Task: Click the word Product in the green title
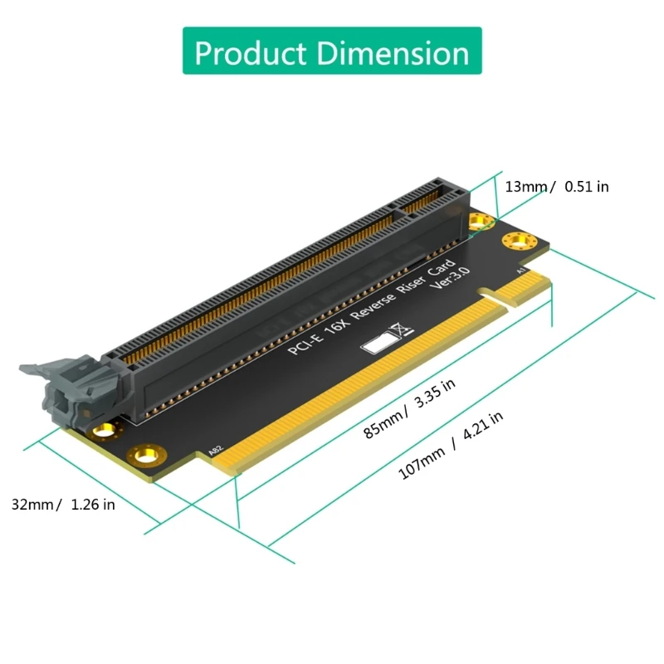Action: coord(250,52)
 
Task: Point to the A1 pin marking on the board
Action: coord(520,271)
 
